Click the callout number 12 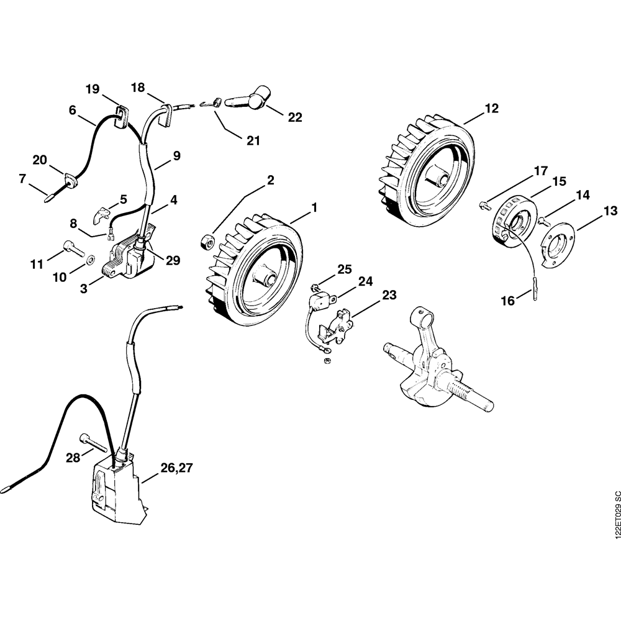(491, 109)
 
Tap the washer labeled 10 (91, 257)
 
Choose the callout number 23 (389, 296)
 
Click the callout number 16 (507, 301)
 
